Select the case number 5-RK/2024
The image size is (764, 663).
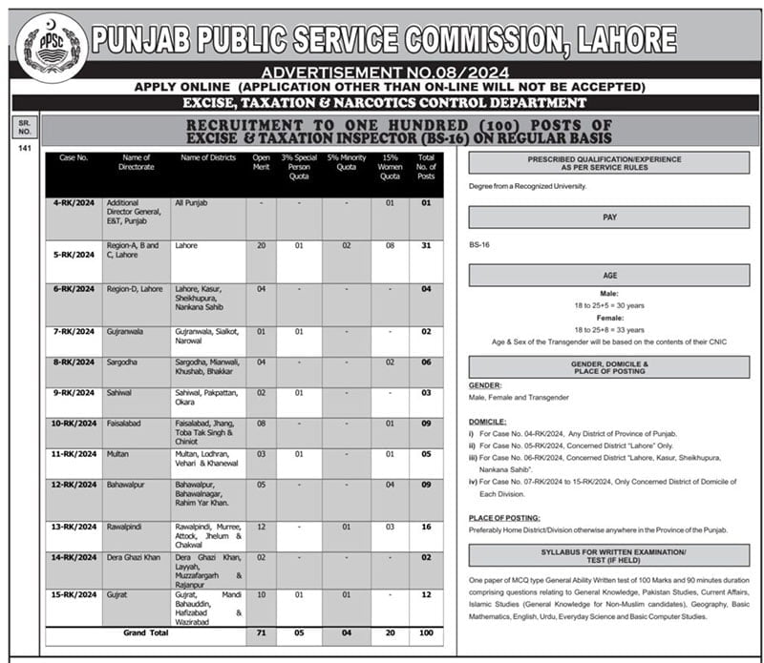coord(74,255)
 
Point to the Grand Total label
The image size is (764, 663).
coord(145,632)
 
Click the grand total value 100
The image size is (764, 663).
coord(426,632)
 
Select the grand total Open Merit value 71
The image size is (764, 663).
coord(261,632)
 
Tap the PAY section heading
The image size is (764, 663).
coord(608,218)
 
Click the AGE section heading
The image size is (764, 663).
coord(608,275)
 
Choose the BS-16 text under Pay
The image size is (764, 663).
coord(480,245)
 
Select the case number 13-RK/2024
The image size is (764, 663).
coord(74,526)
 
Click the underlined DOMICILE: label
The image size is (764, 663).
coord(487,421)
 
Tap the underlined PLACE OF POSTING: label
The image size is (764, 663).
coord(502,517)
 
